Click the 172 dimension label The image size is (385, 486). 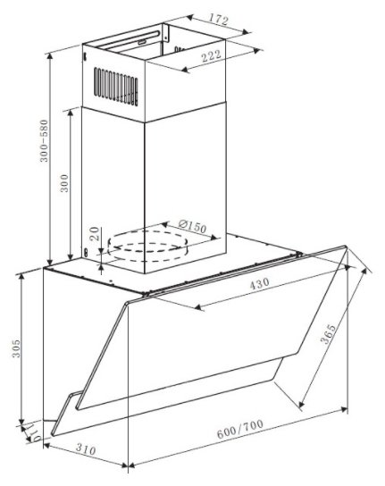(218, 20)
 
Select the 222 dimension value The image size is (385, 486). (212, 55)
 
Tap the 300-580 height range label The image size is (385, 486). (45, 141)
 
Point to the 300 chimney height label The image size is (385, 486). (64, 183)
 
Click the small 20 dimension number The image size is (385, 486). (95, 234)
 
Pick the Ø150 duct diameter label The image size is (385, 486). (193, 226)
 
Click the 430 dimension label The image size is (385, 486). (260, 283)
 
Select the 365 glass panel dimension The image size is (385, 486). (328, 334)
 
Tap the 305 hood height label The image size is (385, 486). (16, 348)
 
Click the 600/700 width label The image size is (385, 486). (240, 429)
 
